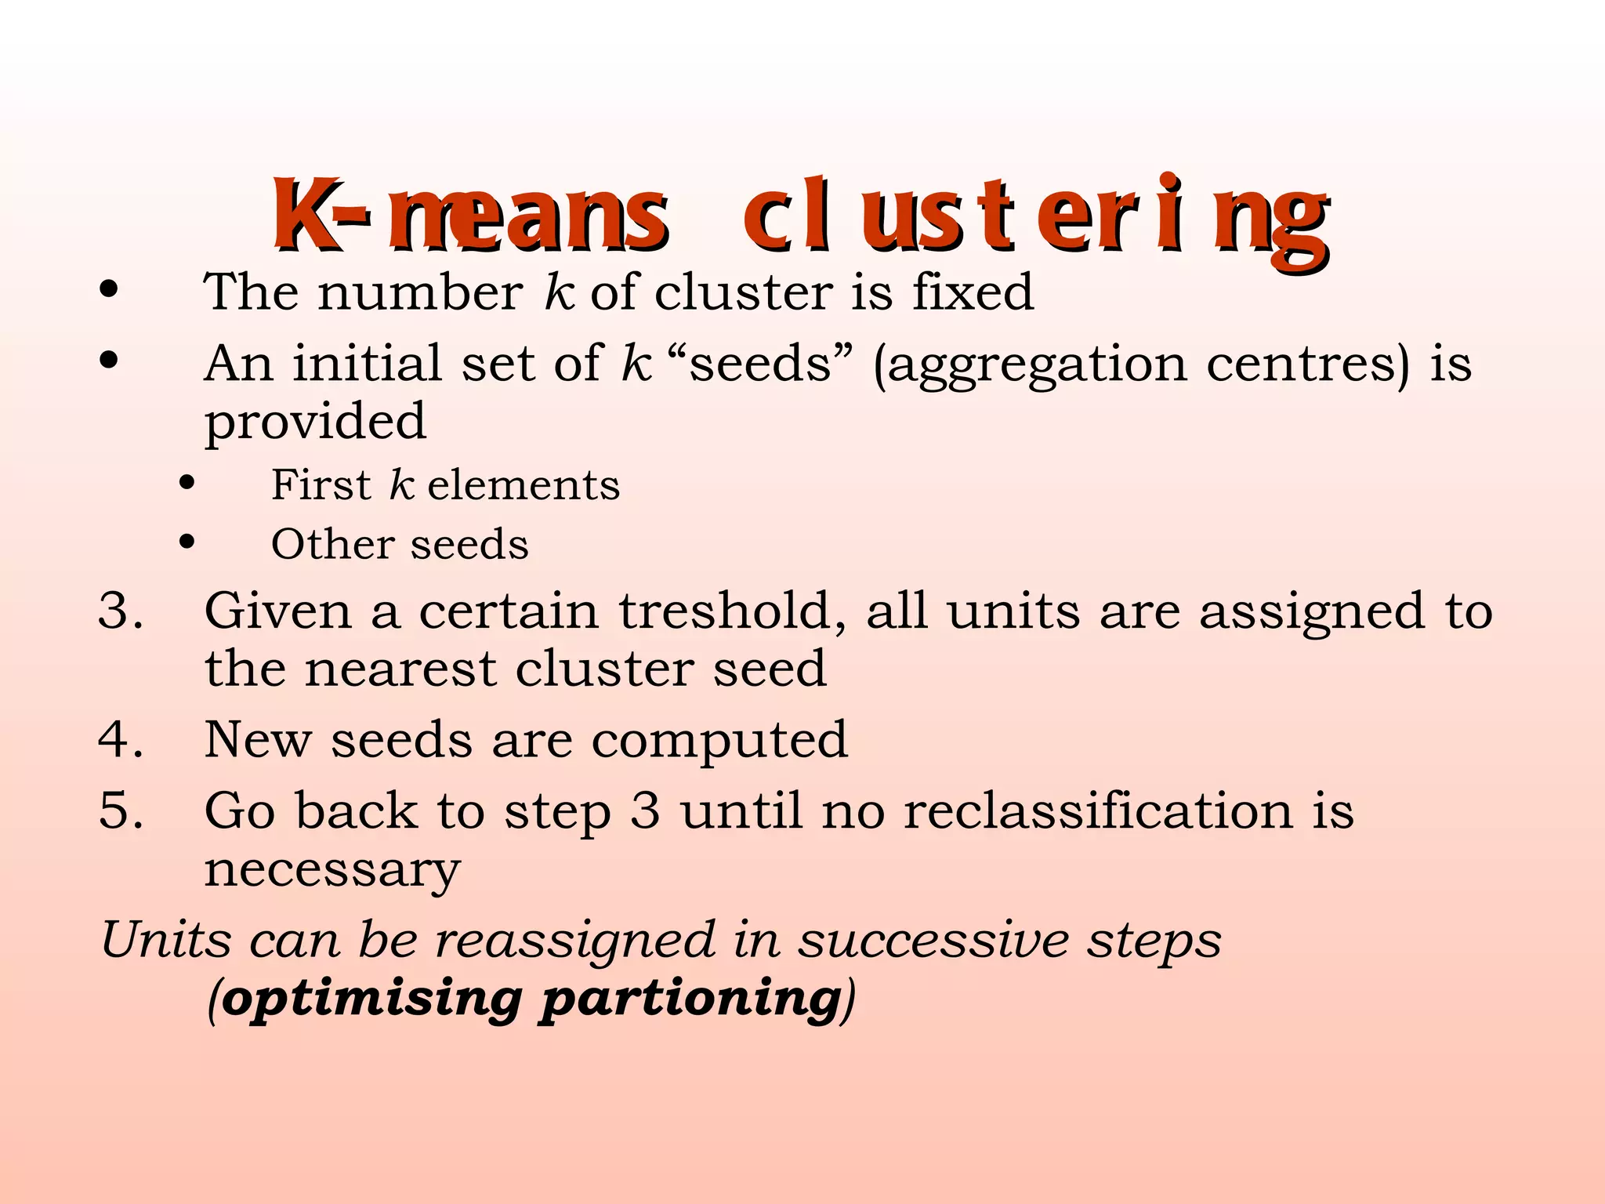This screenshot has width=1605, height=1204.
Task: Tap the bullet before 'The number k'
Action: (109, 291)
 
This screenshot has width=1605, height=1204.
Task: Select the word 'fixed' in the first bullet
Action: (973, 292)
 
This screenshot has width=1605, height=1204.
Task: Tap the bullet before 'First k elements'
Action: (187, 483)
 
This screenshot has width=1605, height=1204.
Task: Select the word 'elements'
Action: (524, 485)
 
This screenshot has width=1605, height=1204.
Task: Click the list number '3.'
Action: (121, 611)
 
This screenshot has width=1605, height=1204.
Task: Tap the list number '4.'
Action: (121, 739)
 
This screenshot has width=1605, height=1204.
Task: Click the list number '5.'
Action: (121, 811)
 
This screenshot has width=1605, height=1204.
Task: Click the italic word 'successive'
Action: (933, 940)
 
